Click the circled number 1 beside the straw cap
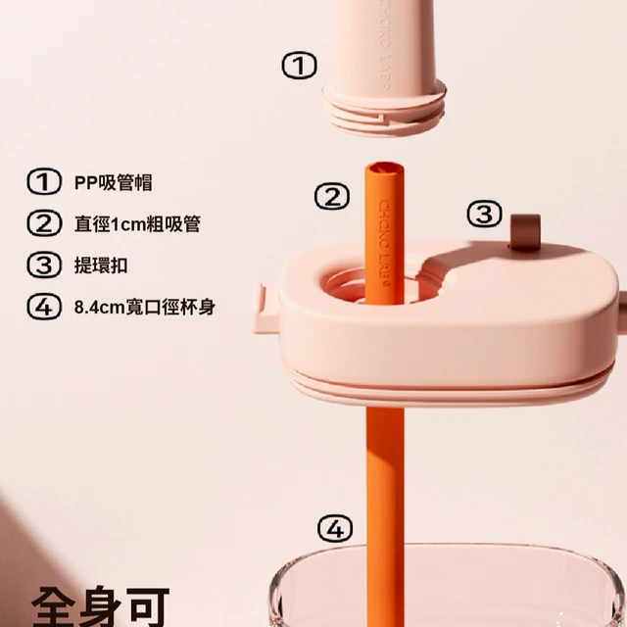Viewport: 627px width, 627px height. pos(300,66)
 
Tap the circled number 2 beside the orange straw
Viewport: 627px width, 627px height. pos(332,196)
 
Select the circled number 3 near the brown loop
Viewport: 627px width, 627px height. pos(485,214)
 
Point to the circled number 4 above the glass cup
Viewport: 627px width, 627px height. pos(335,528)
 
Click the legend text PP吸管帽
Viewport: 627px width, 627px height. pos(114,183)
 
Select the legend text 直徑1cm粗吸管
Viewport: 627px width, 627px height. pos(137,224)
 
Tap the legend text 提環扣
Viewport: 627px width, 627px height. pos(101,265)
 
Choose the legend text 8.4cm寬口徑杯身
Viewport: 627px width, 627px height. pos(145,307)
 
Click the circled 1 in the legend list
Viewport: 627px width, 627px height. pos(44,181)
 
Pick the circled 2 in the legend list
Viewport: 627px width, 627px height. pos(44,223)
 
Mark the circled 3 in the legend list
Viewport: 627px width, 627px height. pos(44,265)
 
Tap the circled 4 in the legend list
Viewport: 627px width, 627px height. pos(44,307)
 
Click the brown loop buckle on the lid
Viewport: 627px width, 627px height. pos(525,233)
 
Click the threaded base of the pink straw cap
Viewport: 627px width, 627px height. pos(384,110)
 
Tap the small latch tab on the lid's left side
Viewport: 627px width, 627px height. pos(265,308)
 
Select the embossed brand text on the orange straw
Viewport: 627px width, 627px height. pos(384,243)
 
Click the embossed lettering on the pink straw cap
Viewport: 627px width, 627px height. pos(384,44)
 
